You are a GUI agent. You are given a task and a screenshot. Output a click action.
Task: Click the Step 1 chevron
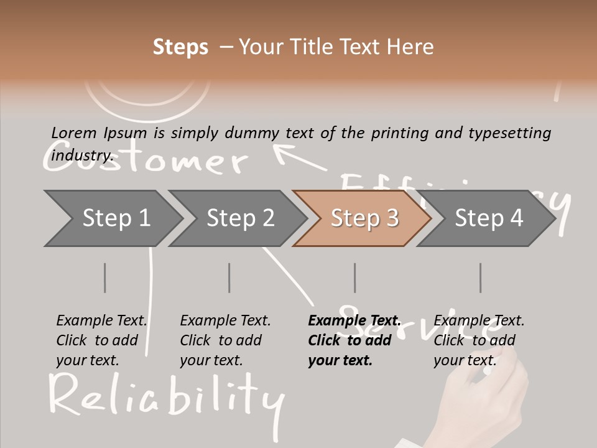[115, 218]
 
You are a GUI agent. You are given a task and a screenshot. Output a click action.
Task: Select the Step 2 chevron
[239, 218]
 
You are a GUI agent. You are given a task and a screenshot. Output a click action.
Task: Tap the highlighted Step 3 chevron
[364, 218]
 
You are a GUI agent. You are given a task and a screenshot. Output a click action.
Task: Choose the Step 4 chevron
[488, 218]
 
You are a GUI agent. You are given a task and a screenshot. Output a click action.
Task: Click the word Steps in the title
[180, 47]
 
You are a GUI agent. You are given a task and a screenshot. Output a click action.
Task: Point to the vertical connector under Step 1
[104, 278]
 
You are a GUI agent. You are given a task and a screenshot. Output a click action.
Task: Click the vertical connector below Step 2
[229, 278]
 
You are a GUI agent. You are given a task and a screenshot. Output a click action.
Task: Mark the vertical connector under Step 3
[354, 278]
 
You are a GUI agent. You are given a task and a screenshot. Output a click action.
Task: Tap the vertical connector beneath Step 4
[480, 278]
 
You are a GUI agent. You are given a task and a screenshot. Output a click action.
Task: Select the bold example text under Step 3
[353, 340]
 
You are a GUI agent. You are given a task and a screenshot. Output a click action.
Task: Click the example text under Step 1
[101, 340]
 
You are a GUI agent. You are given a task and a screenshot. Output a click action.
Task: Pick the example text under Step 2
[225, 340]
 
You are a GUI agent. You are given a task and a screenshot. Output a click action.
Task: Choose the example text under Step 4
[479, 340]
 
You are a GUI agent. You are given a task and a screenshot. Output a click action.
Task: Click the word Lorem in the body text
[73, 133]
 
